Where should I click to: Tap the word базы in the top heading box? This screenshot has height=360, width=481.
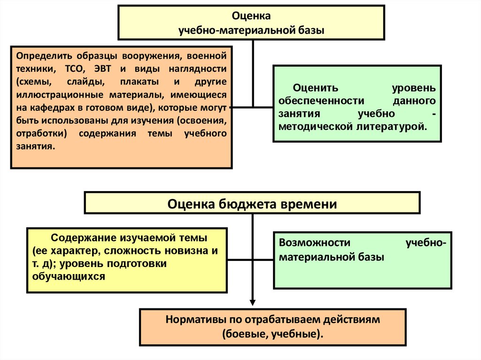click(310, 31)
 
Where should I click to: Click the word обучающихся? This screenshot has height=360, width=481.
click(69, 276)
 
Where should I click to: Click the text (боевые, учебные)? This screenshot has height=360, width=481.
click(272, 334)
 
